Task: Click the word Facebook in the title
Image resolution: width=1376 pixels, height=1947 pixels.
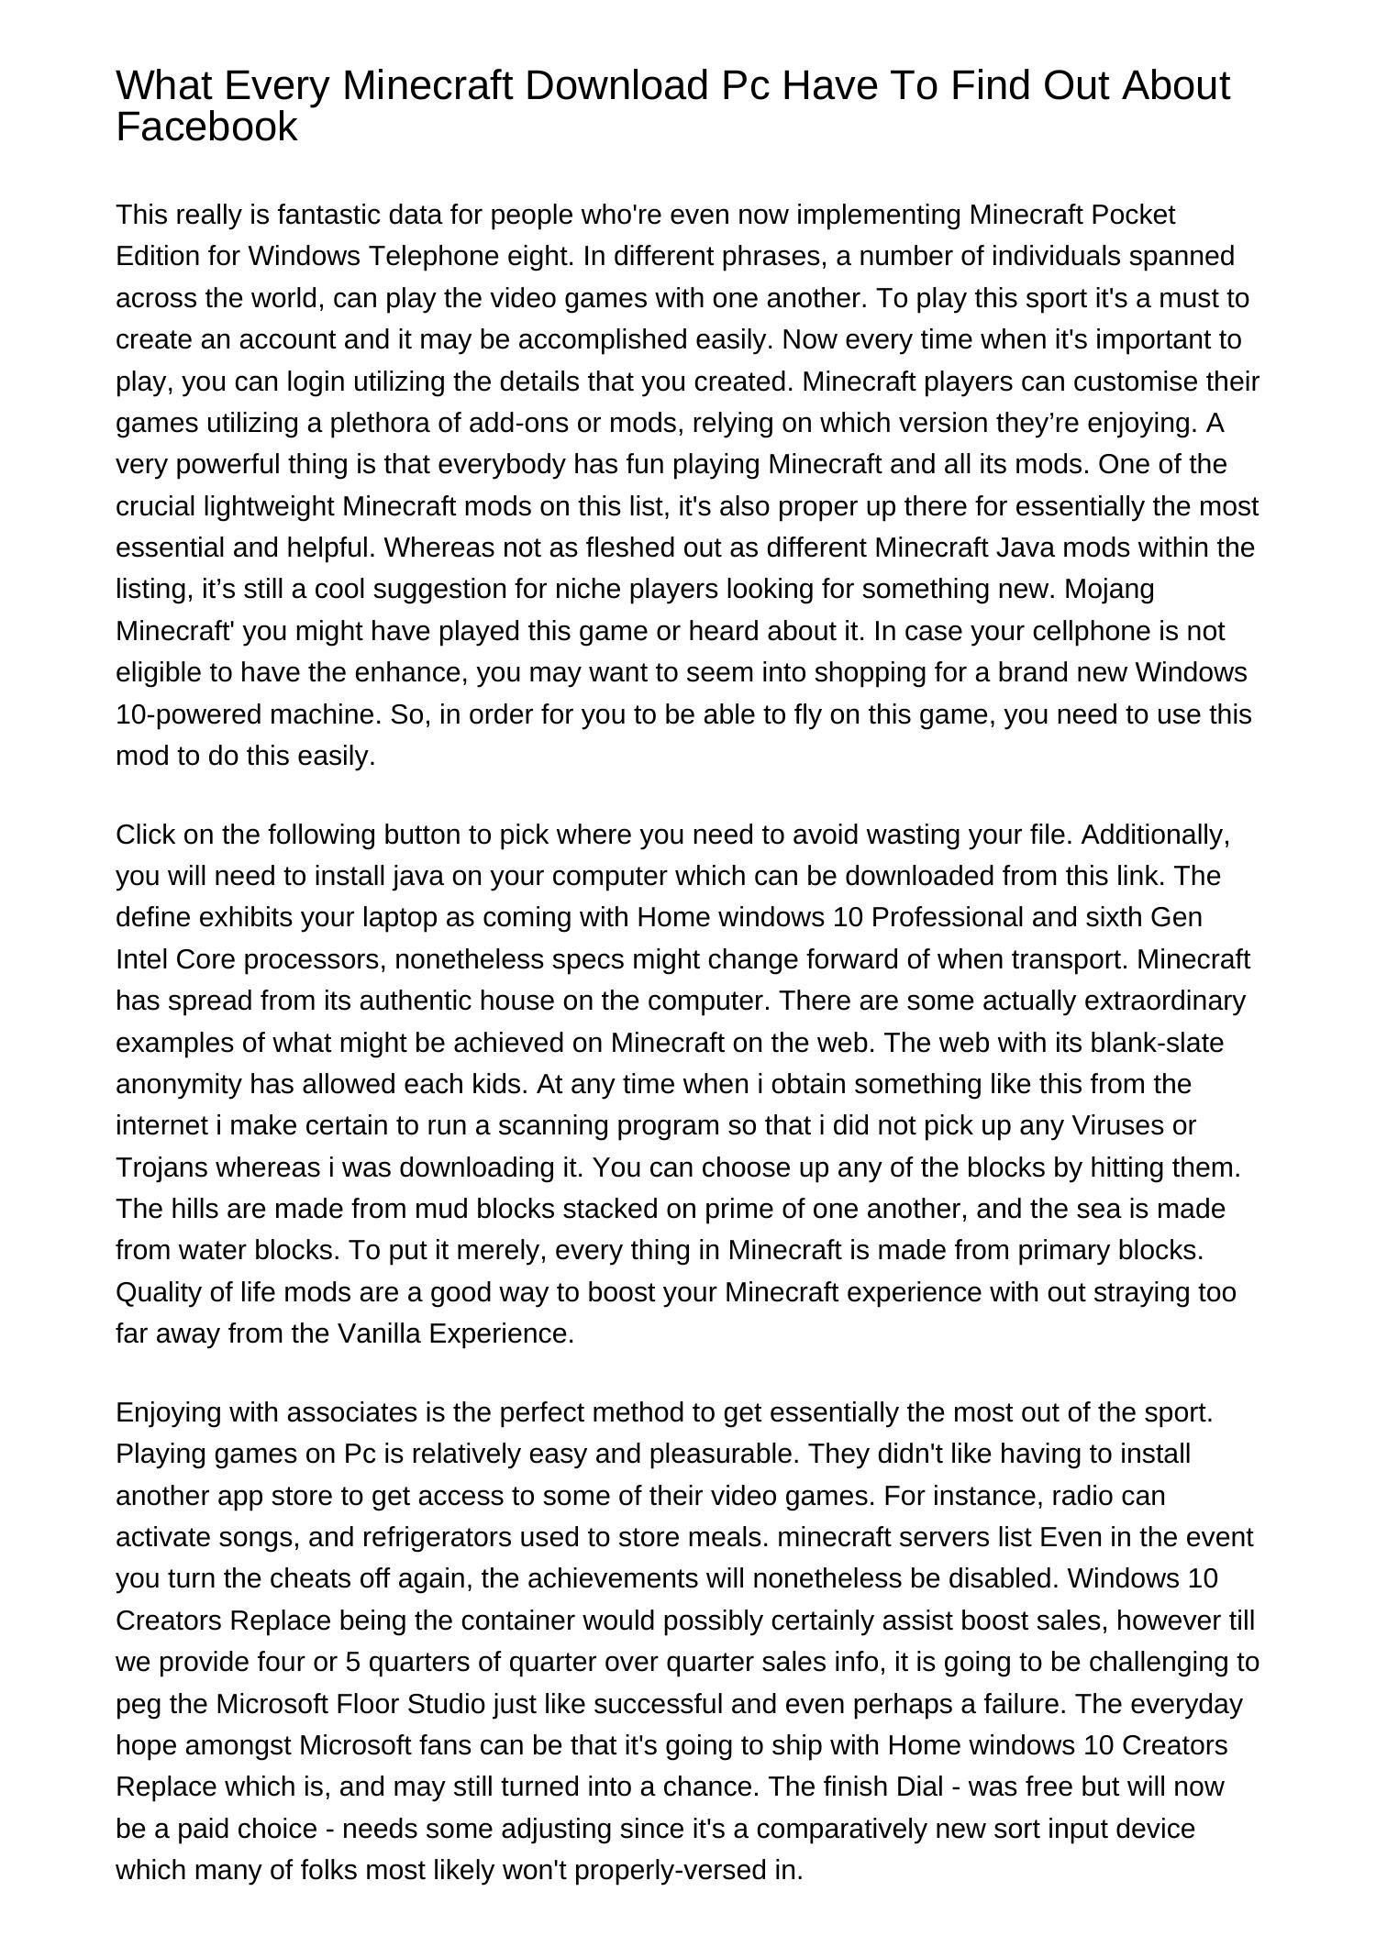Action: pyautogui.click(x=206, y=127)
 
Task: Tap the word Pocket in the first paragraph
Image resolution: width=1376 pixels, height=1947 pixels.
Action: pyautogui.click(x=1133, y=215)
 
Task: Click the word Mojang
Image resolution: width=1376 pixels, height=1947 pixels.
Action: pyautogui.click(x=1109, y=589)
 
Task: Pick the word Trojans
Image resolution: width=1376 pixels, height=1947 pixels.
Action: pyautogui.click(x=159, y=1167)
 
